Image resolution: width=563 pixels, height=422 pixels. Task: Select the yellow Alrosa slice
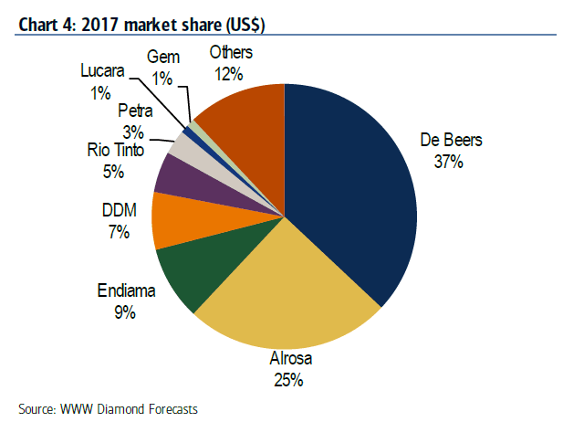pyautogui.click(x=283, y=292)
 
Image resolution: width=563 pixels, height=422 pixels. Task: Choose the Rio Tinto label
pyautogui.click(x=115, y=149)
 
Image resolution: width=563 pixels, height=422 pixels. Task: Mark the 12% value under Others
pyautogui.click(x=230, y=72)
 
